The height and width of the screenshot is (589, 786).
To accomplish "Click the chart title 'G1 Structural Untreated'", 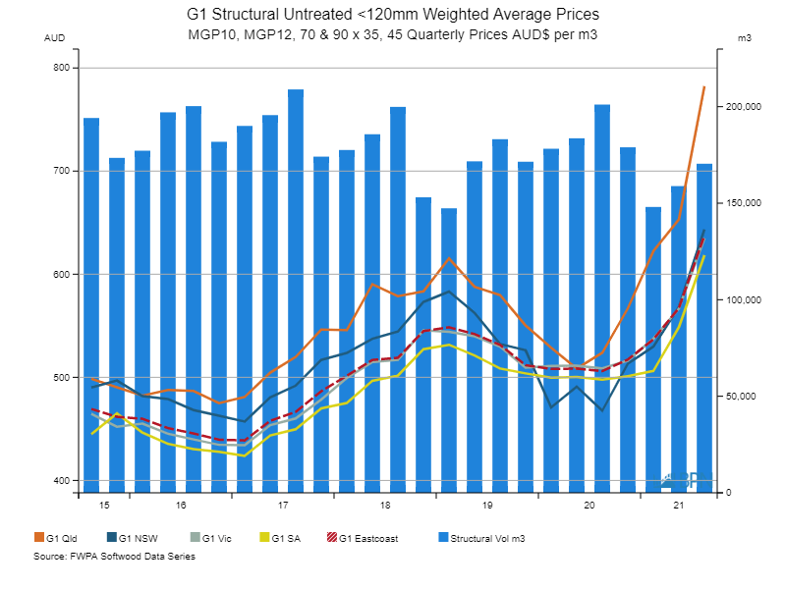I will (392, 16).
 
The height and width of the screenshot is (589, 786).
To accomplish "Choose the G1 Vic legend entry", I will (214, 538).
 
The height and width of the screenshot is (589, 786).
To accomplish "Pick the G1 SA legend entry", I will (285, 538).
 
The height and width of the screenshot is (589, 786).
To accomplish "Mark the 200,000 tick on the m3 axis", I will (742, 107).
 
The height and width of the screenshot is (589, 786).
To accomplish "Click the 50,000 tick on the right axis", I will (739, 397).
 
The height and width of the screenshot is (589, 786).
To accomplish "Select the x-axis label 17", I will (282, 506).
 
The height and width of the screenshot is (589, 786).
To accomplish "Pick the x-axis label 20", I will (589, 506).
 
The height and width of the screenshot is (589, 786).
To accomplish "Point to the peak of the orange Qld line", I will (704, 87).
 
